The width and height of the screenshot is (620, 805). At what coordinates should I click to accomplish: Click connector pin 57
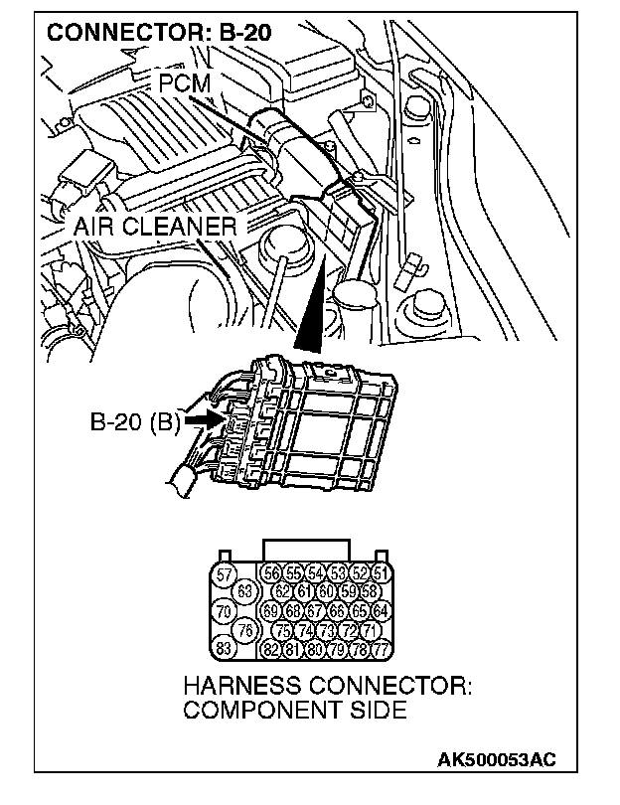[225, 574]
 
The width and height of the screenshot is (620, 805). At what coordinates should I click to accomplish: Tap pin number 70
[225, 612]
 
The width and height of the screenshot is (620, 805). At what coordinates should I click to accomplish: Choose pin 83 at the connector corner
[225, 649]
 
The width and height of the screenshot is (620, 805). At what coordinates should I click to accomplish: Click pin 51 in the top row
[382, 574]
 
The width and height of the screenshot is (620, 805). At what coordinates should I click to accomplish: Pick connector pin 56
[270, 574]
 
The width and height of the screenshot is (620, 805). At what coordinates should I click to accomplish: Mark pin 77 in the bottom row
[382, 649]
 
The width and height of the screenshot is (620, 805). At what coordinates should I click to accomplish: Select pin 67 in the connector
[315, 612]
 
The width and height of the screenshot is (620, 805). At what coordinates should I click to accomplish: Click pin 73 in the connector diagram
[326, 630]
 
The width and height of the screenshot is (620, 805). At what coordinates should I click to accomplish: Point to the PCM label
[185, 81]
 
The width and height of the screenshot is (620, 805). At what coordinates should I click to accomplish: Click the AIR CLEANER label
[156, 227]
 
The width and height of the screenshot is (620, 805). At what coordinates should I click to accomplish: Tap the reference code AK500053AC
[497, 759]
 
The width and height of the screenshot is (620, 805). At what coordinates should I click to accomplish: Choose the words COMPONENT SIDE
[294, 711]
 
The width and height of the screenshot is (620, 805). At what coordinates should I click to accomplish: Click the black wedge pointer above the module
[314, 308]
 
